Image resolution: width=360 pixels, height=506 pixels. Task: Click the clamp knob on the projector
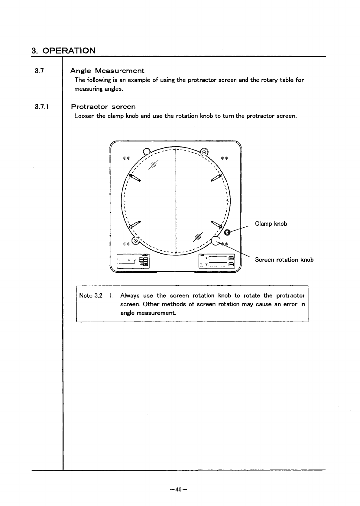click(227, 232)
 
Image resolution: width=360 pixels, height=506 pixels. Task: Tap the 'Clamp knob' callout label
click(271, 224)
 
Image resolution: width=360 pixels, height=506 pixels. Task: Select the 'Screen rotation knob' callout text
click(284, 260)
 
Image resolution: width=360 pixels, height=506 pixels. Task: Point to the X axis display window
click(218, 258)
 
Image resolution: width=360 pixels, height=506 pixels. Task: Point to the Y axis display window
click(218, 265)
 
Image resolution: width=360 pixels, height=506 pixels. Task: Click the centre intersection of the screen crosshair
click(176, 201)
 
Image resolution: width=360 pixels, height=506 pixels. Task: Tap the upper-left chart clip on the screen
click(135, 178)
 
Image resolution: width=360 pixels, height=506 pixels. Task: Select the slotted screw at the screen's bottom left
click(136, 241)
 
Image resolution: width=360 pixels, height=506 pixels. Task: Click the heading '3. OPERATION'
click(63, 50)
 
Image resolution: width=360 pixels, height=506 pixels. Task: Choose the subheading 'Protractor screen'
click(103, 107)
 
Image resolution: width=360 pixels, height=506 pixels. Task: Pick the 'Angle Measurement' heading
click(107, 71)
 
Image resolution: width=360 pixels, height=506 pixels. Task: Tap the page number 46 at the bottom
click(179, 489)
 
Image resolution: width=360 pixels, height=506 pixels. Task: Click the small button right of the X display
click(231, 258)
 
